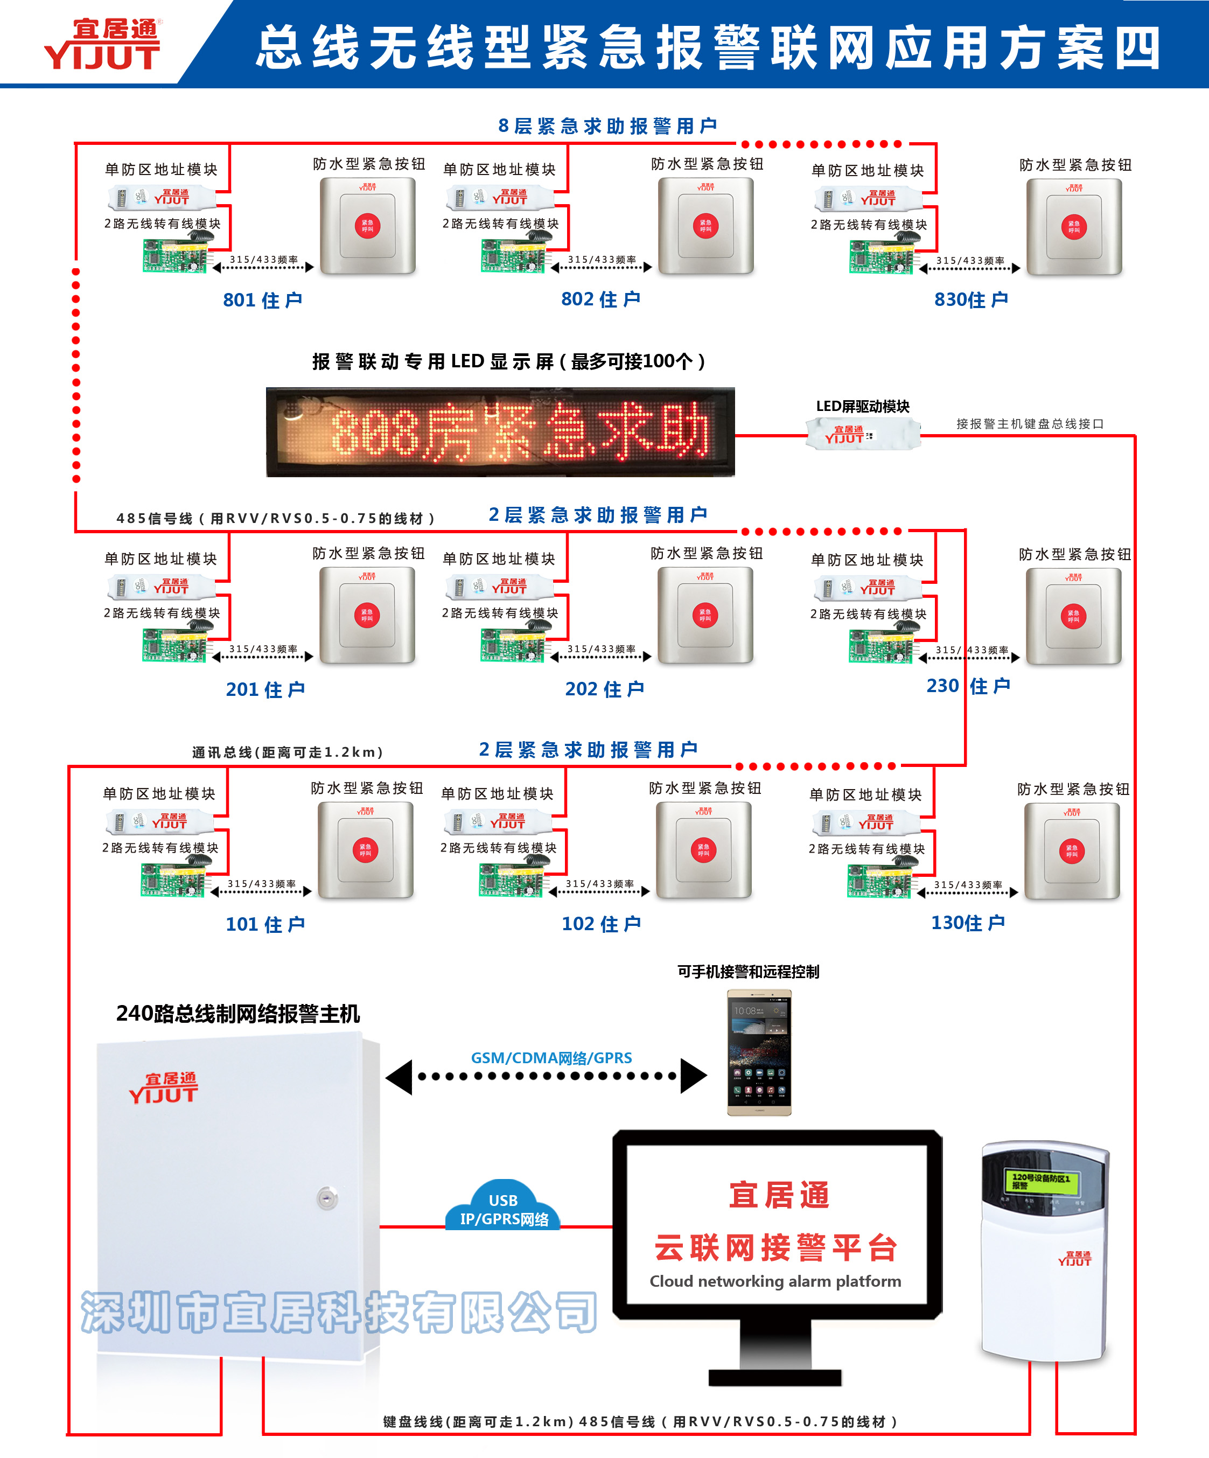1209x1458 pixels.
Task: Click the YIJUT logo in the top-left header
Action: pos(103,45)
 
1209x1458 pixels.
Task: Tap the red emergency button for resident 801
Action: pos(367,226)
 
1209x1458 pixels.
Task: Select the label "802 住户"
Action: pos(600,299)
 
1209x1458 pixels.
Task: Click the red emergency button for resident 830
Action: pos(1074,227)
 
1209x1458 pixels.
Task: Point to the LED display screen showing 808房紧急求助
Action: pos(500,432)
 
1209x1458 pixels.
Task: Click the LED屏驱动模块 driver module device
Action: pos(863,435)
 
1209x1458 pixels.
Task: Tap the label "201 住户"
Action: pos(265,689)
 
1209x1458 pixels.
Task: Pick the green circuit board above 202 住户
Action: pos(512,646)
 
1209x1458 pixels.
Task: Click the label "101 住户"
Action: pos(265,924)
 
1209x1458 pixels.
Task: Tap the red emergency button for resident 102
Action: pos(704,850)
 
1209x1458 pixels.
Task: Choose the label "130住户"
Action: pos(968,923)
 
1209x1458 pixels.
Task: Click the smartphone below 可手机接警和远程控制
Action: pos(759,1052)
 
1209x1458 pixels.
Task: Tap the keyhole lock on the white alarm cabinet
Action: pos(327,1198)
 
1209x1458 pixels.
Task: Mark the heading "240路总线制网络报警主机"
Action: pos(238,1014)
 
